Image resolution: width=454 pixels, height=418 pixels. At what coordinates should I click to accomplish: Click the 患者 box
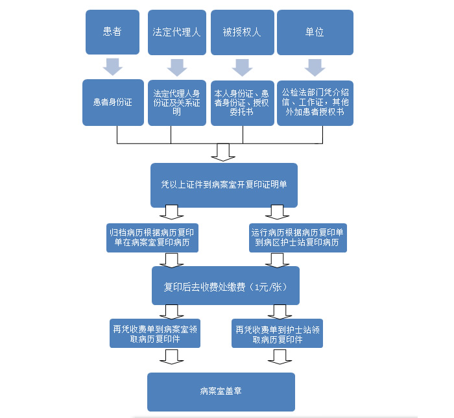112,32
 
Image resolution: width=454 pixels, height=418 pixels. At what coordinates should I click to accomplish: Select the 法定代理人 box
176,32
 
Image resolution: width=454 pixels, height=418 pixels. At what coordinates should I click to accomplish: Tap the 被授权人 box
241,32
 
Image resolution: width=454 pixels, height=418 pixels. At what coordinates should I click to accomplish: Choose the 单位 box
315,32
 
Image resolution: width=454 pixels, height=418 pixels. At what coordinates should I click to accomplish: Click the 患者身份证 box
112,102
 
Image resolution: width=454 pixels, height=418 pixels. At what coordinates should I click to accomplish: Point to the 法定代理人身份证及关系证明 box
176,102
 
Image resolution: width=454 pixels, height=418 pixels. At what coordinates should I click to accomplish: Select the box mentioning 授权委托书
241,102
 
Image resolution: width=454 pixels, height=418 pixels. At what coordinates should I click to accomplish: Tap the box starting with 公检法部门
315,102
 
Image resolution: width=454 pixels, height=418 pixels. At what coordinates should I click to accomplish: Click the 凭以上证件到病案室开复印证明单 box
224,184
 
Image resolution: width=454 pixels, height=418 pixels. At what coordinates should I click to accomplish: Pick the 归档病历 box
153,238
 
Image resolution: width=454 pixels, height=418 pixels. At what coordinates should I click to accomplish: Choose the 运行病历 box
298,238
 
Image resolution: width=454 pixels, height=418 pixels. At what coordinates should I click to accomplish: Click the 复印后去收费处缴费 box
225,286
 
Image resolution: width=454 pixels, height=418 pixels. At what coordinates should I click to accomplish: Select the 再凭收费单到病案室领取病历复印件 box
154,334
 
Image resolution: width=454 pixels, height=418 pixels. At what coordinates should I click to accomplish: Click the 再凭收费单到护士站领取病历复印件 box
277,334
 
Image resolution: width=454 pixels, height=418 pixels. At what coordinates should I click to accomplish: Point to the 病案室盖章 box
221,391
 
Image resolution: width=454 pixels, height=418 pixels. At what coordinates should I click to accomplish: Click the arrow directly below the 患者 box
112,67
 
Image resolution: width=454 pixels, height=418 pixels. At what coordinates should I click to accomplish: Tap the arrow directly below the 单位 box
315,67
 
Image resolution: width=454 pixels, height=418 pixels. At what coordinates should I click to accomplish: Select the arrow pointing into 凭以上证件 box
224,153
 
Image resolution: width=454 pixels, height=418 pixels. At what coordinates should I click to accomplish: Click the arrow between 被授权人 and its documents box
241,67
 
